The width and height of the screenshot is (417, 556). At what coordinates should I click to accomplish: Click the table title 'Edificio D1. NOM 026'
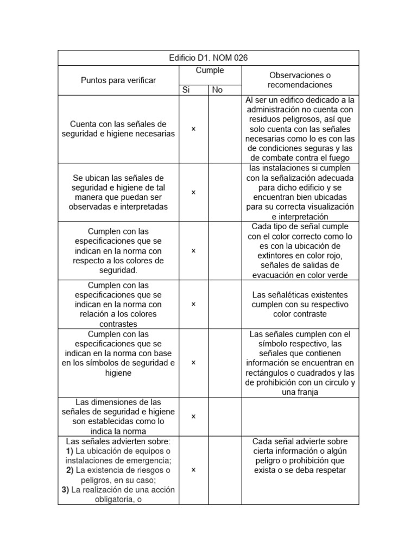[208, 58]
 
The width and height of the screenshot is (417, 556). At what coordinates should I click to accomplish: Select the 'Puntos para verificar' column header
[118, 80]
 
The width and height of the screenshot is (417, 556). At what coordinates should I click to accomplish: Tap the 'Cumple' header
[209, 71]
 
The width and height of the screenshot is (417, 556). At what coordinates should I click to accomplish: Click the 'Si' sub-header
[186, 90]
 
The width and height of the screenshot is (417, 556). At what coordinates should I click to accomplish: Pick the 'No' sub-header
[218, 90]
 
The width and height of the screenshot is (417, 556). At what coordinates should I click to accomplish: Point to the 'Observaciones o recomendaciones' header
[300, 80]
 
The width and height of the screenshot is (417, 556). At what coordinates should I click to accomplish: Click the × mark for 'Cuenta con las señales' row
[193, 129]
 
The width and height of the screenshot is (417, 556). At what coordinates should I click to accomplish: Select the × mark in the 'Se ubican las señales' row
[193, 192]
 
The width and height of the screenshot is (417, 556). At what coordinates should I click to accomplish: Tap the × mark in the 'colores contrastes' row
[193, 304]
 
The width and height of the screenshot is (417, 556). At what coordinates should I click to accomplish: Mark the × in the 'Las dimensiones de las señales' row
[193, 416]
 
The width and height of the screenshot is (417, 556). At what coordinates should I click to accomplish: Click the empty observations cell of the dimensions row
[300, 416]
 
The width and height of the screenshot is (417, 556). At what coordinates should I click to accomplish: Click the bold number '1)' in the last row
[69, 451]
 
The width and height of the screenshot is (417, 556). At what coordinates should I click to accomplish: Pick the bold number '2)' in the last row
[70, 470]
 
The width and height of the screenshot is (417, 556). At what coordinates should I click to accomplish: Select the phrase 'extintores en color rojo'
[300, 255]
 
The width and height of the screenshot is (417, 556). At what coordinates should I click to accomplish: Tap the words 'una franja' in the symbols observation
[300, 392]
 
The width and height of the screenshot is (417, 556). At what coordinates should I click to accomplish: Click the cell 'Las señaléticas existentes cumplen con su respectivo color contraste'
[300, 304]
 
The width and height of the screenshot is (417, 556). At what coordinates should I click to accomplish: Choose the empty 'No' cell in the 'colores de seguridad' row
[225, 251]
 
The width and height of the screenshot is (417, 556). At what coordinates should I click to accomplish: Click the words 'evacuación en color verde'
[300, 275]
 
